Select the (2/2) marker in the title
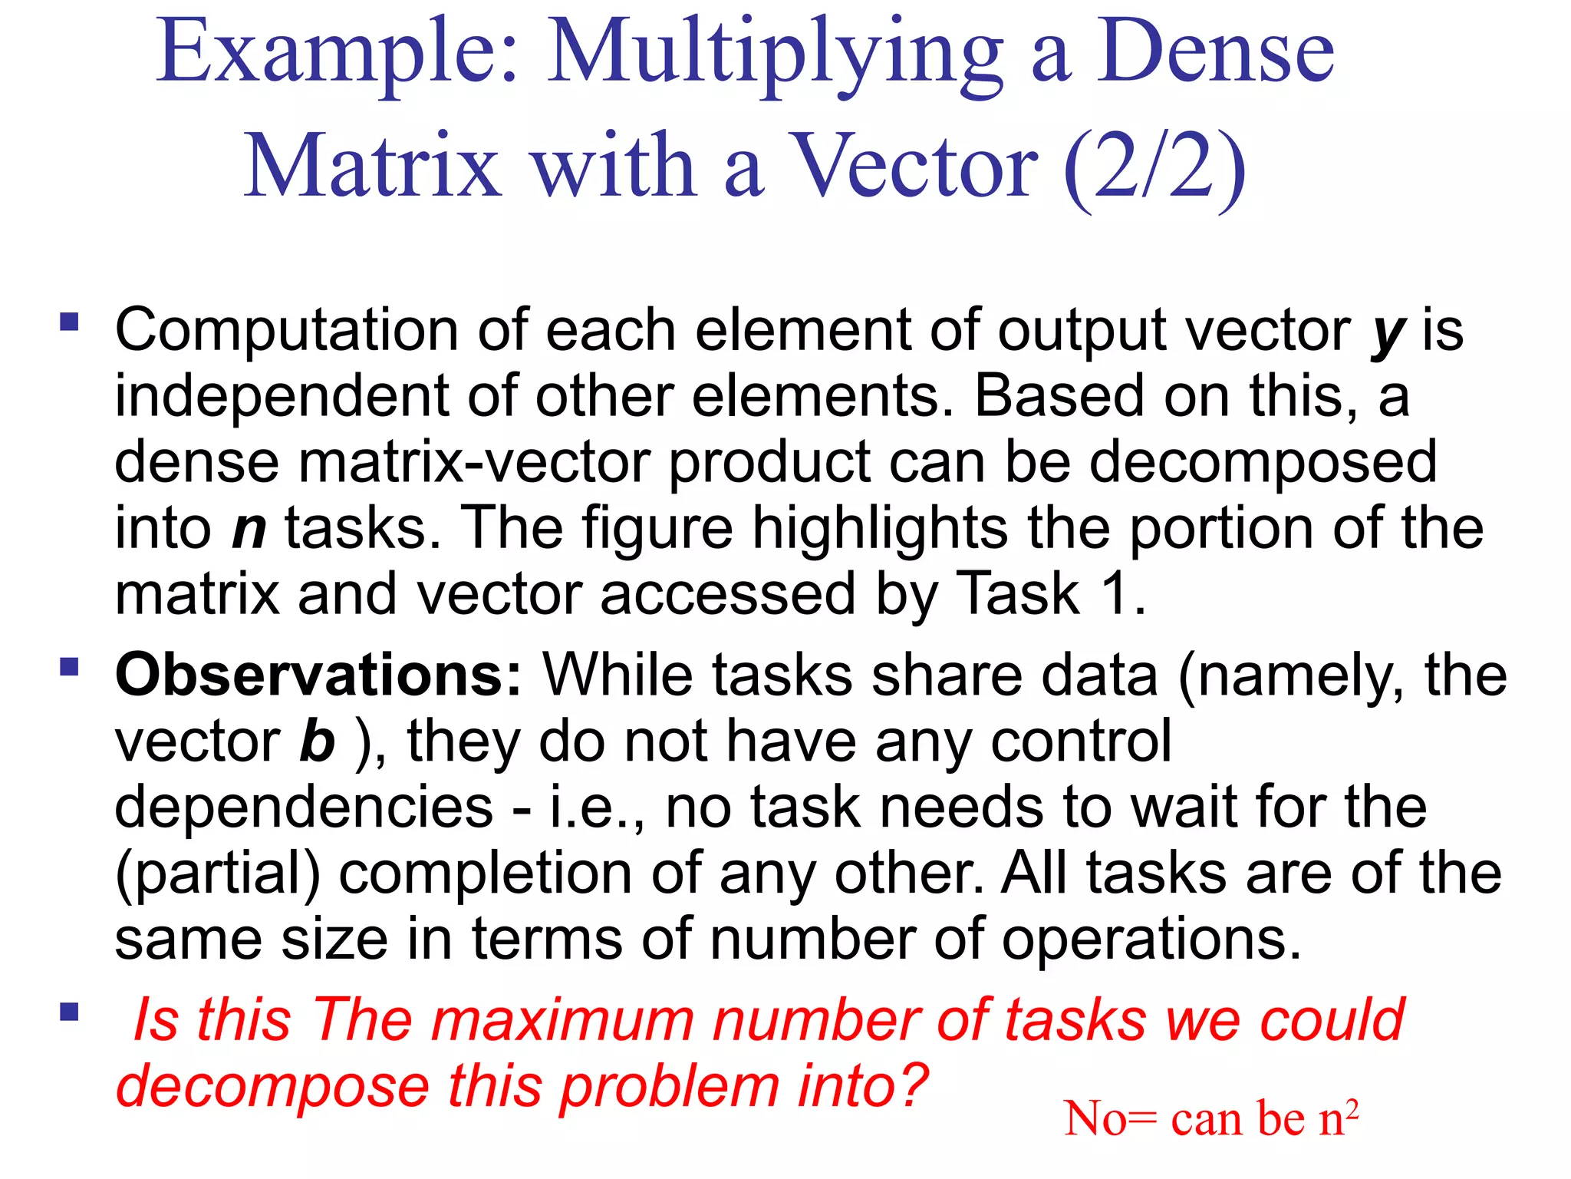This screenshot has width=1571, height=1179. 1154,167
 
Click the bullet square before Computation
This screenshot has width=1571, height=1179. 70,321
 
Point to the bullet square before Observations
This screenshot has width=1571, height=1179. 70,666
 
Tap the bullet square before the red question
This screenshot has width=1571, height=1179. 70,1012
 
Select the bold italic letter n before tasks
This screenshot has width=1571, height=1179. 249,530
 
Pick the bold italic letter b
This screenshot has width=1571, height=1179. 317,741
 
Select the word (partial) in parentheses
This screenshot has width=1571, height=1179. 217,875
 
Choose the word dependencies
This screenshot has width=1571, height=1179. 304,807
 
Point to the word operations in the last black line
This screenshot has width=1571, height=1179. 1151,941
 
